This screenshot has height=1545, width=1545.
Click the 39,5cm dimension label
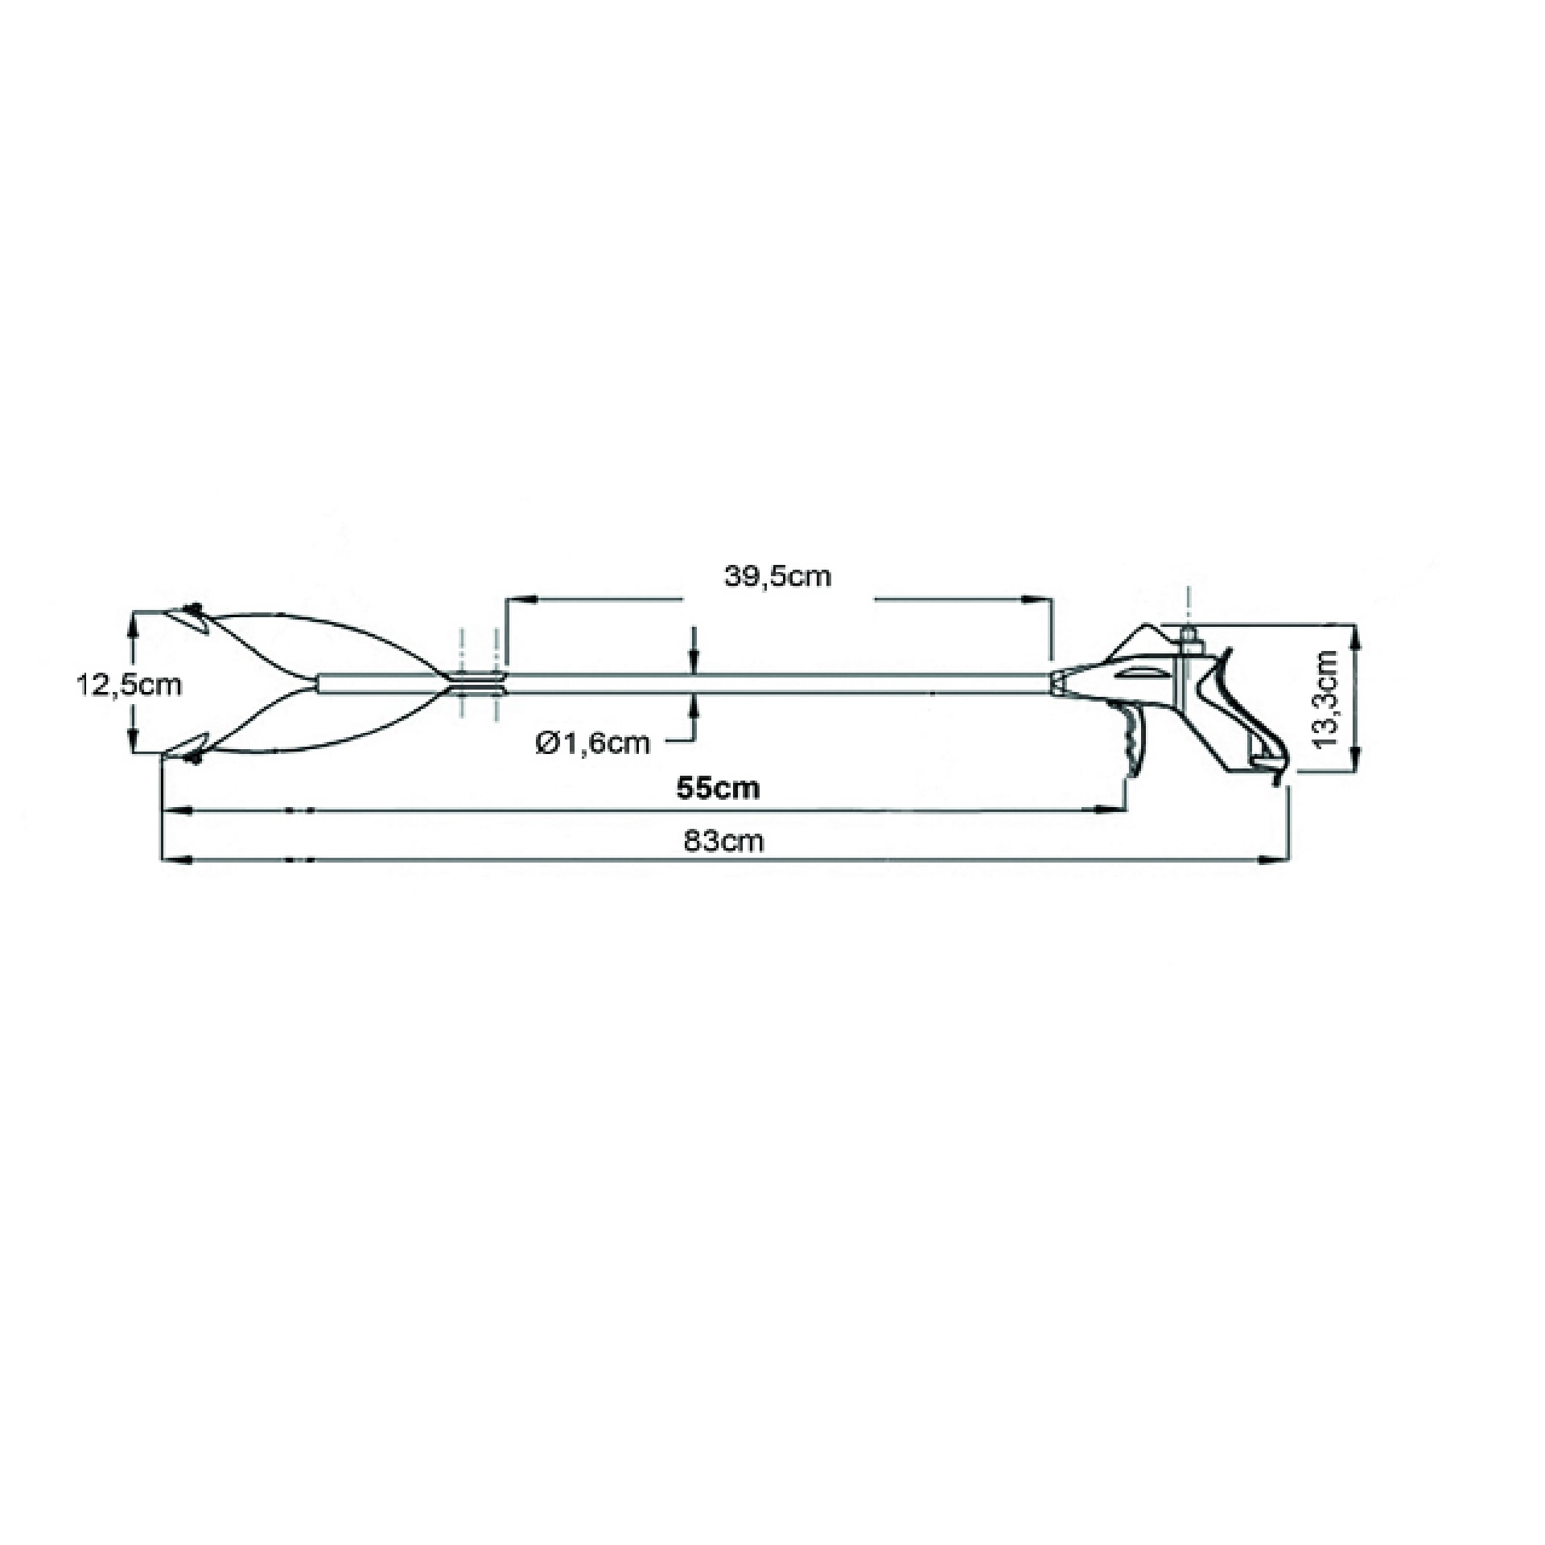(777, 576)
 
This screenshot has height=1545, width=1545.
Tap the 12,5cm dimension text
(129, 685)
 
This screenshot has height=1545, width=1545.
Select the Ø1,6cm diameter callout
(593, 742)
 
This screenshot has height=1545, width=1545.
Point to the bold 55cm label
(719, 788)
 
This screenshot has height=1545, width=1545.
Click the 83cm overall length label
(723, 841)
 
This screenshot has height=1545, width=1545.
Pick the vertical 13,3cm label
(1327, 698)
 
